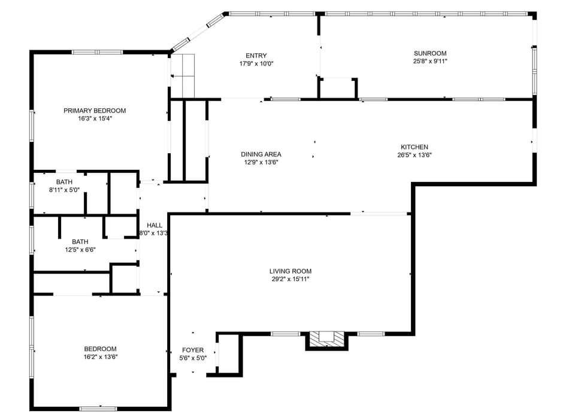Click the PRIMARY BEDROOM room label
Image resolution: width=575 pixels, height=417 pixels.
click(95, 111)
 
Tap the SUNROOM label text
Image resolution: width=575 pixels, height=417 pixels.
click(429, 53)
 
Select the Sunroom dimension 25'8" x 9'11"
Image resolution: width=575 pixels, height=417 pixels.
click(429, 61)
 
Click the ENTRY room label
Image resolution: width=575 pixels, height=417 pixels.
click(256, 56)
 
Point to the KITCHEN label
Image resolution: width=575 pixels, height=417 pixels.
click(414, 147)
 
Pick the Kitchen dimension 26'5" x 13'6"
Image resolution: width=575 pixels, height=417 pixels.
click(414, 155)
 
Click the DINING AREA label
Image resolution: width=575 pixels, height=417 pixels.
click(261, 154)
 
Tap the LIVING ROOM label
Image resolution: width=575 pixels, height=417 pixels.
click(290, 271)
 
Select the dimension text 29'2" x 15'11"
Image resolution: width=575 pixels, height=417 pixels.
click(290, 279)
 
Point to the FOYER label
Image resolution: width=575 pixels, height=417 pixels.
click(193, 350)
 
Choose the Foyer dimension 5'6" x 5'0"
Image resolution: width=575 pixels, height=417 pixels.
click(193, 358)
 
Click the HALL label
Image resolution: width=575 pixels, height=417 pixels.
click(154, 225)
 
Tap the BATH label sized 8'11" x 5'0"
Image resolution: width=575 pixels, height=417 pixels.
click(64, 182)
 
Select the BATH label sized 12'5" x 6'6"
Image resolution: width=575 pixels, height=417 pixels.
click(80, 242)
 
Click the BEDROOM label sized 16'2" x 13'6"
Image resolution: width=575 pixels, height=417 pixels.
click(100, 349)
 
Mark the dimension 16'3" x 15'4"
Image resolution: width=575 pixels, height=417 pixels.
click(95, 118)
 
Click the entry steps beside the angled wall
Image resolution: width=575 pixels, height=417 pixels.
click(183, 75)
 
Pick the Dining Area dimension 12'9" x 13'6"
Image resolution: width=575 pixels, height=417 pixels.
click(261, 162)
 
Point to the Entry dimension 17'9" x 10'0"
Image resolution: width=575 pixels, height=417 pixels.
click(256, 63)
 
